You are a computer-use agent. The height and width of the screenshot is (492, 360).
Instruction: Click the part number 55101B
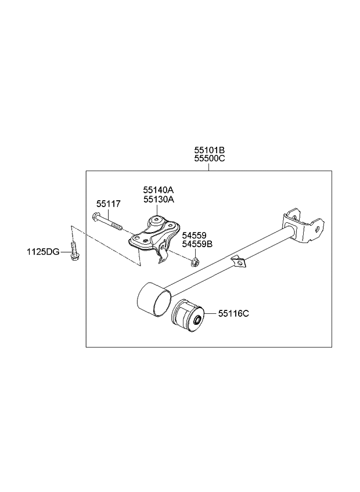(x=209, y=150)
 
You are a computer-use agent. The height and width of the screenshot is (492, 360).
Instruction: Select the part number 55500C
(x=209, y=158)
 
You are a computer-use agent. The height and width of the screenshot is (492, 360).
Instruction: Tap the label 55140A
(x=159, y=190)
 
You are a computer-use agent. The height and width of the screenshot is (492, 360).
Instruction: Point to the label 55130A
(x=159, y=199)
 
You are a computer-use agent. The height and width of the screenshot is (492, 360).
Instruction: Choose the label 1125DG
(x=42, y=252)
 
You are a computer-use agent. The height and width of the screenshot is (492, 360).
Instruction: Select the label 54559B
(x=197, y=244)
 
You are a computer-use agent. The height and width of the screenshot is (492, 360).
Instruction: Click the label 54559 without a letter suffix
(x=193, y=236)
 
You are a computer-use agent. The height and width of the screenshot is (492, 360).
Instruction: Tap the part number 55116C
(x=233, y=313)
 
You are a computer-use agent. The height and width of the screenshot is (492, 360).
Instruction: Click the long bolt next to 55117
(x=107, y=222)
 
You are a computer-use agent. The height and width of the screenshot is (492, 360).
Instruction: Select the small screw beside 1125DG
(x=74, y=252)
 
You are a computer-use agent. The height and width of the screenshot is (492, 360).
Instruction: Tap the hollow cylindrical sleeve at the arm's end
(x=153, y=298)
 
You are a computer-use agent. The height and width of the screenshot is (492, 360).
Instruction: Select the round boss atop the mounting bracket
(x=157, y=221)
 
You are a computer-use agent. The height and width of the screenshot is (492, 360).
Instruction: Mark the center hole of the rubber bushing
(x=197, y=319)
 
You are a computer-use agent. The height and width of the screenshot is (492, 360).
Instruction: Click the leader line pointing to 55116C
(x=210, y=314)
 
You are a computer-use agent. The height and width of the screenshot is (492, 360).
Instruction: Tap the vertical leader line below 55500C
(x=209, y=167)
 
